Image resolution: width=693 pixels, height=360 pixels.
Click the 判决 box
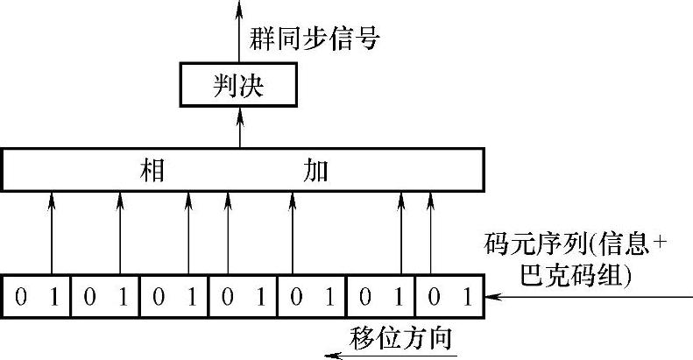pyautogui.click(x=238, y=85)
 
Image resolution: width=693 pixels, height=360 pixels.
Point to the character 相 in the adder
pyautogui.click(x=153, y=170)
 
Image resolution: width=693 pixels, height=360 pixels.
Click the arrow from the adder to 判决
pyautogui.click(x=239, y=128)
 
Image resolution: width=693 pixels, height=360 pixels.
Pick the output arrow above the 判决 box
pyautogui.click(x=239, y=31)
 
